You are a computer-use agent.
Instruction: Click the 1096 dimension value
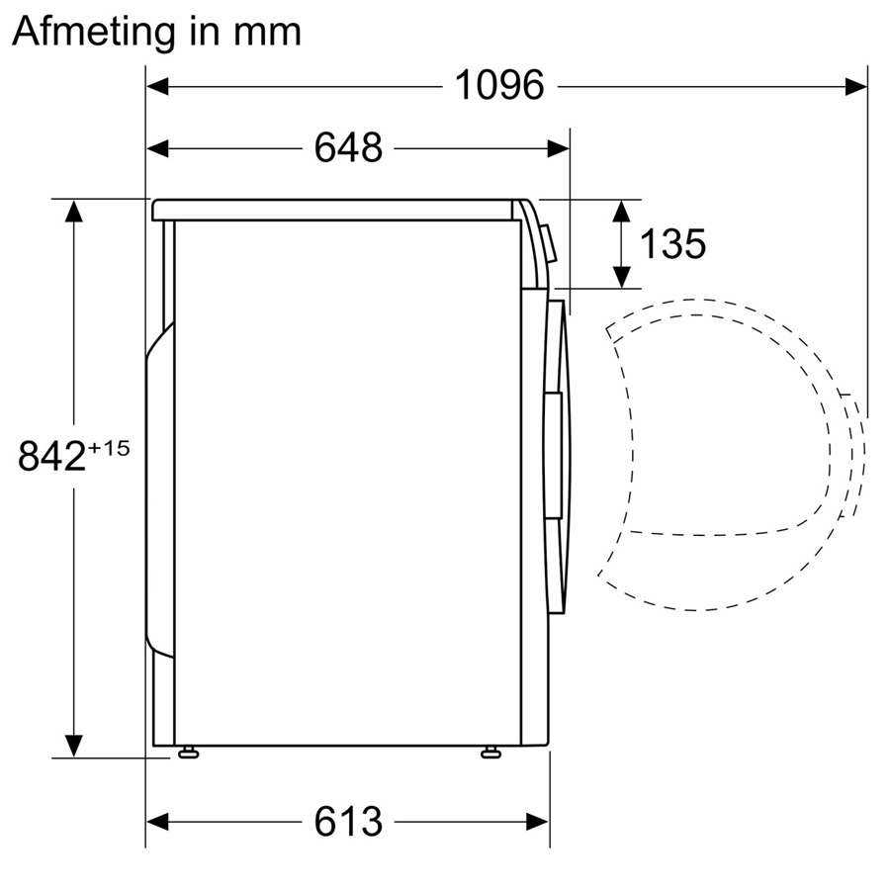click(499, 86)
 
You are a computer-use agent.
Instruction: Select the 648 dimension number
click(348, 148)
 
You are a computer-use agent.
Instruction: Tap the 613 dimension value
click(348, 822)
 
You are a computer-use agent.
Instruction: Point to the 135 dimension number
click(672, 243)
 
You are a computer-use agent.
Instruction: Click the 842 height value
click(51, 457)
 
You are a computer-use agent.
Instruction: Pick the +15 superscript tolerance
click(109, 448)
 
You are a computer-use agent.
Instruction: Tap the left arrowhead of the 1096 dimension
click(158, 86)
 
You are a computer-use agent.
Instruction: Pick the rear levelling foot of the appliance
click(186, 754)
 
